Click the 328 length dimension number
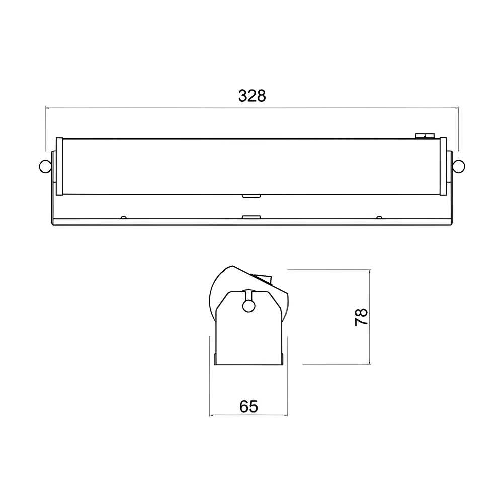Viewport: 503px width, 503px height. [252, 96]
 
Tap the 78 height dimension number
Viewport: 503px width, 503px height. [362, 317]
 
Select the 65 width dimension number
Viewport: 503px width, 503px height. [248, 407]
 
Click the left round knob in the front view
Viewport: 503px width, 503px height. [45, 166]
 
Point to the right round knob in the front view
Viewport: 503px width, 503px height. [459, 166]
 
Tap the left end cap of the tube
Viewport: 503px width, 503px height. [59, 166]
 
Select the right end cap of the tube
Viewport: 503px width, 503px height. [443, 166]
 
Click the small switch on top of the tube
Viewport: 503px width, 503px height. [425, 136]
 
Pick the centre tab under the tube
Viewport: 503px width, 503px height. [251, 196]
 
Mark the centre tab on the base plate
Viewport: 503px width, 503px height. [251, 217]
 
